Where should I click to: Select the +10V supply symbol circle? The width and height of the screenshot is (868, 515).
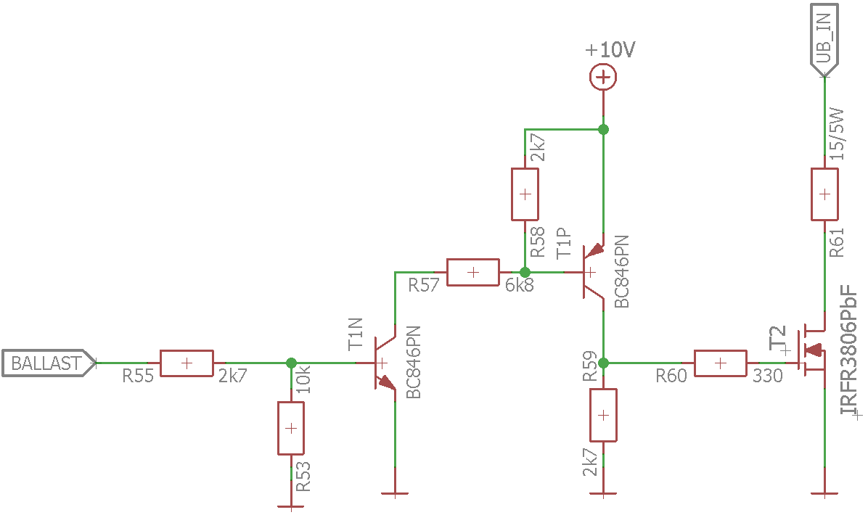pyautogui.click(x=602, y=76)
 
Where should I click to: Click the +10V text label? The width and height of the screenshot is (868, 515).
pyautogui.click(x=610, y=50)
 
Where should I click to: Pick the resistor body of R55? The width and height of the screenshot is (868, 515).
pyautogui.click(x=187, y=363)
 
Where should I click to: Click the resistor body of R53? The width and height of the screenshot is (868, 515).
pyautogui.click(x=290, y=428)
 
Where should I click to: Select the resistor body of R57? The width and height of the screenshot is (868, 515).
pyautogui.click(x=472, y=272)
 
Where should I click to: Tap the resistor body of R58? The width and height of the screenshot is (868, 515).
pyautogui.click(x=525, y=194)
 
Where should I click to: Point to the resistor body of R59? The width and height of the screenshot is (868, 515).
pyautogui.click(x=603, y=415)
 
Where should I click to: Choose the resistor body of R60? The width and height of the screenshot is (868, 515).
pyautogui.click(x=720, y=363)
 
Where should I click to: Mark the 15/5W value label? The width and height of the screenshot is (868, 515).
pyautogui.click(x=837, y=134)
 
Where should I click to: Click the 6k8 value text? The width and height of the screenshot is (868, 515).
pyautogui.click(x=520, y=286)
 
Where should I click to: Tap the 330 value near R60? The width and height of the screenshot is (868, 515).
pyautogui.click(x=767, y=376)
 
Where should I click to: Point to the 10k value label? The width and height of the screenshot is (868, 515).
pyautogui.click(x=303, y=378)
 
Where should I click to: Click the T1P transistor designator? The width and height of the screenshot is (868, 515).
pyautogui.click(x=565, y=243)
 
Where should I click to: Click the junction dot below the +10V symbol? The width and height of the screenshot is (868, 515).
pyautogui.click(x=602, y=129)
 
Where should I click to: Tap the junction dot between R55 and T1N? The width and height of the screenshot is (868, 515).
pyautogui.click(x=291, y=363)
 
